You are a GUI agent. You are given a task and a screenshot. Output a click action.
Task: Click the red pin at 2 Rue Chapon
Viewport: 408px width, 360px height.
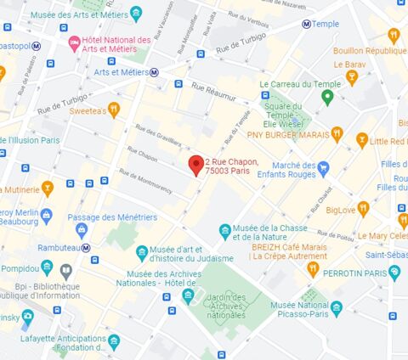tap(195, 165)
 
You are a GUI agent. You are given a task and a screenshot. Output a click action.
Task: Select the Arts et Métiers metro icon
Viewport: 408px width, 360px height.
tap(154, 72)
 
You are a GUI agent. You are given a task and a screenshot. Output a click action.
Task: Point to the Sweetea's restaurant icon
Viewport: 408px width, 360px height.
tap(114, 110)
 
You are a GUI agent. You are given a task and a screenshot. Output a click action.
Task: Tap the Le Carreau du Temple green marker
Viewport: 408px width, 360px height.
tap(326, 97)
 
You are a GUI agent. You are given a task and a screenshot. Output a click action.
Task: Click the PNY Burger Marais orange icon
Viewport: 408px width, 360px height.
tap(337, 134)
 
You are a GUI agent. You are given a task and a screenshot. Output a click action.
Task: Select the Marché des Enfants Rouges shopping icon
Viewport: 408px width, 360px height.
tap(323, 166)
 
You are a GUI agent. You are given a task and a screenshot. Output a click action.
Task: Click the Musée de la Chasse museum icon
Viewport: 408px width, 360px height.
tap(225, 230)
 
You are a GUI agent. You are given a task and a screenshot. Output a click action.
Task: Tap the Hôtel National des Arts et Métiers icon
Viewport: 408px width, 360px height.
tap(74, 42)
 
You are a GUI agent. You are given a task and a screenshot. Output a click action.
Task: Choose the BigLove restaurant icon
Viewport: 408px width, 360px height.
tap(363, 209)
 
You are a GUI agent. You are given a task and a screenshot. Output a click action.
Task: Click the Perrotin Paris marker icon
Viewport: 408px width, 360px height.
tap(394, 273)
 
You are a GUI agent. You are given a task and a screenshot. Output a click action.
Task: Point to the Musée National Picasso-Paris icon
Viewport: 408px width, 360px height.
tap(337, 307)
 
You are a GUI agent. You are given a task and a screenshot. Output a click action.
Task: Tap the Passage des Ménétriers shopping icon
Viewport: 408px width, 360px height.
tap(82, 229)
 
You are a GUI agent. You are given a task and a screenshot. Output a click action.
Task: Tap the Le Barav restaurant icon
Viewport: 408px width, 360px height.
tap(351, 78)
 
